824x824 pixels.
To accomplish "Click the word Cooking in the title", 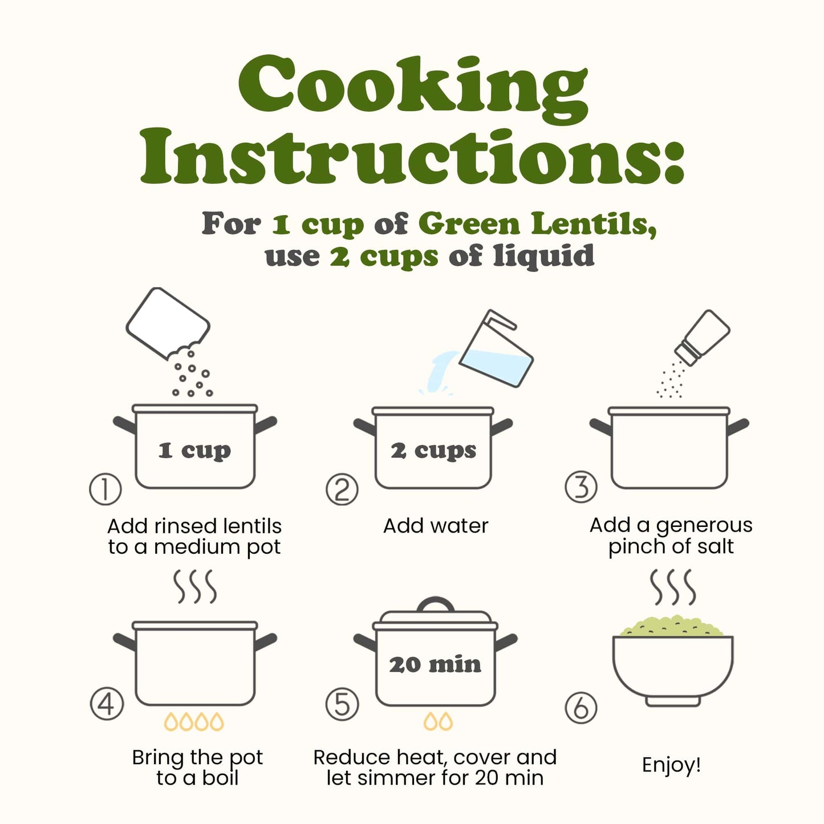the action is pos(413,89).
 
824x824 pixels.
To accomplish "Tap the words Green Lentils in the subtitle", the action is pos(537,224).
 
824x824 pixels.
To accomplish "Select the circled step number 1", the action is pos(105,489).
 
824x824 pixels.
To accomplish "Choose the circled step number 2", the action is pos(342,489).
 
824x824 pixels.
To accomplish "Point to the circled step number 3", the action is pos(581,486).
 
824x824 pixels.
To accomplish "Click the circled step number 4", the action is pos(107,704).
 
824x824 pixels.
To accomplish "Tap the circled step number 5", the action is pos(342,704).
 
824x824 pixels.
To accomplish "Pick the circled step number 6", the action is pos(581,707).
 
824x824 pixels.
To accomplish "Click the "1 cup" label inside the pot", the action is pos(194,450).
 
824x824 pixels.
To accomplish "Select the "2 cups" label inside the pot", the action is pos(433,450).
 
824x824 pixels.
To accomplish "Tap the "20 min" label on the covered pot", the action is pos(435,665).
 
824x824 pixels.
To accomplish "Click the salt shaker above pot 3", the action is pos(701,338).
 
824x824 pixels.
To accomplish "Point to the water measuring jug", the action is pos(496,348).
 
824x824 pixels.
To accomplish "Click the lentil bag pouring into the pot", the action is pos(168,323).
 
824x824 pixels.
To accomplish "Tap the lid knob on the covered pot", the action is pos(435,605).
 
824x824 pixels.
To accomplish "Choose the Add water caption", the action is pos(435,526).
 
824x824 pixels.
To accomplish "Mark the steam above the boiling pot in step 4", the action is pos(195,586).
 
